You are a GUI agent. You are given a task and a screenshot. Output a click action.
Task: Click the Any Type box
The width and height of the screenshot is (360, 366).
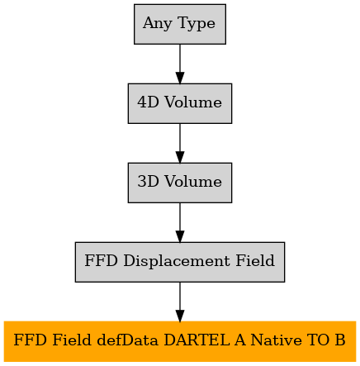180,24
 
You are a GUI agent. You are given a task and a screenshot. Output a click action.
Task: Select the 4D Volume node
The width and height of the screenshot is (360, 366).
180,103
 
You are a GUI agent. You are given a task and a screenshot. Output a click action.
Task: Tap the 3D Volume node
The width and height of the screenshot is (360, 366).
180,183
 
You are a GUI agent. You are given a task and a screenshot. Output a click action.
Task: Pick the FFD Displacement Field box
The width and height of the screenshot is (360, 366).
180,262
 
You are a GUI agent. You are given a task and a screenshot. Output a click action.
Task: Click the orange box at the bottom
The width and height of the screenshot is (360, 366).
180,341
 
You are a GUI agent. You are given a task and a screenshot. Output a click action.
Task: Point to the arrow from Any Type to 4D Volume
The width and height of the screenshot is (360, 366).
180,64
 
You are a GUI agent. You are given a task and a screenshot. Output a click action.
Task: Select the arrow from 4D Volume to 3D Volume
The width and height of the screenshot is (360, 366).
180,143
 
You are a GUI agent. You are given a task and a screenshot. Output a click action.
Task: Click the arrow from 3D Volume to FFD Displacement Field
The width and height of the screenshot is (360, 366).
180,222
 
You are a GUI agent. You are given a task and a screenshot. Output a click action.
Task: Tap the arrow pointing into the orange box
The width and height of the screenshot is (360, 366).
180,302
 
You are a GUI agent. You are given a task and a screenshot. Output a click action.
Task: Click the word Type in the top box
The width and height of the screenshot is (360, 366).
197,24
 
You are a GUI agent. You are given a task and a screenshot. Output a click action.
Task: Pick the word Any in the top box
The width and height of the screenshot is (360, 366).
159,24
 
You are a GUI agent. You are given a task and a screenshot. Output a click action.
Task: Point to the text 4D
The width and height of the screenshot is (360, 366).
149,102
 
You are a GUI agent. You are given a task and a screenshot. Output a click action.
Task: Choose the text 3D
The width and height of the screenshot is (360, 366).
149,181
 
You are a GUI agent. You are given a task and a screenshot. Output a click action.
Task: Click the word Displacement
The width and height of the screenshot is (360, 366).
177,261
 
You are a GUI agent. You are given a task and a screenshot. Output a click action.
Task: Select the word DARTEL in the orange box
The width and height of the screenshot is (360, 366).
197,340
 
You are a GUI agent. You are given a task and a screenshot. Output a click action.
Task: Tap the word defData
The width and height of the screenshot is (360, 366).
128,340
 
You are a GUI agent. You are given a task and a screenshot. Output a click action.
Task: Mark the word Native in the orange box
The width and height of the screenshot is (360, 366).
277,340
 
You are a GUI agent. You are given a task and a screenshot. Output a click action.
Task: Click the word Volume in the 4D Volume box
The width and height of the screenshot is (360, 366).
193,102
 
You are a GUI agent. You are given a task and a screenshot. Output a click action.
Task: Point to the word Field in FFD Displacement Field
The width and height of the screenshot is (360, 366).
255,260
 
